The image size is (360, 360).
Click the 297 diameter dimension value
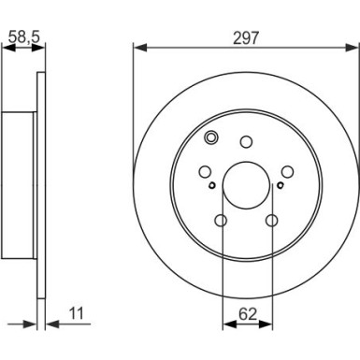pyautogui.click(x=246, y=38)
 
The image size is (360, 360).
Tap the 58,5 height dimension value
pyautogui.click(x=24, y=36)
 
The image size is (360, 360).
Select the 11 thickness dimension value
pyautogui.click(x=77, y=313)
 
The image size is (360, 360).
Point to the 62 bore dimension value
pyautogui.click(x=248, y=314)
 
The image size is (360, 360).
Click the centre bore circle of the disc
pyautogui.click(x=246, y=185)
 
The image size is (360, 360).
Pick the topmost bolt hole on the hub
pyautogui.click(x=246, y=142)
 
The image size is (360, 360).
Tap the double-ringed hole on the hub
pyautogui.click(x=210, y=137)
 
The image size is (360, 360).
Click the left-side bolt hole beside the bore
pyautogui.click(x=205, y=171)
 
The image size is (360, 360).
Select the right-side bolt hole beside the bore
pyautogui.click(x=287, y=171)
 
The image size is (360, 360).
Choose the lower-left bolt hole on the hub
pyautogui.click(x=221, y=221)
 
